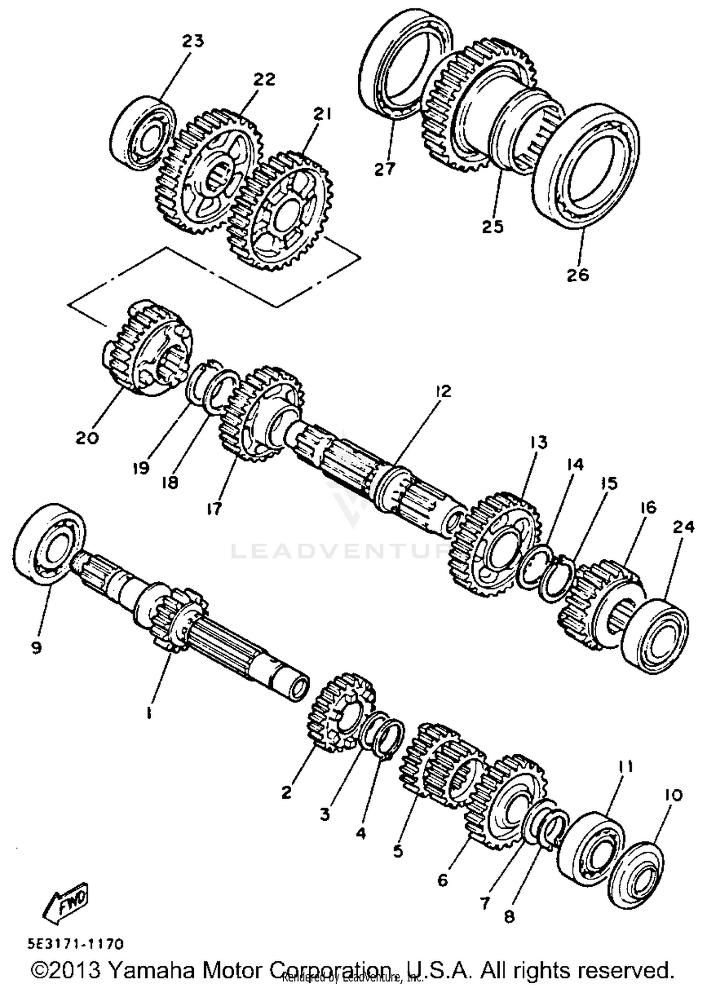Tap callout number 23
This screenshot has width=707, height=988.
193,41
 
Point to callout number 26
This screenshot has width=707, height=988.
578,274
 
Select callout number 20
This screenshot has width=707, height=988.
87,438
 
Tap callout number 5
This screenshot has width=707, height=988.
398,851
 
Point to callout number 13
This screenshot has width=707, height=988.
538,442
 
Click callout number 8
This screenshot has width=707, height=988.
509,916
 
